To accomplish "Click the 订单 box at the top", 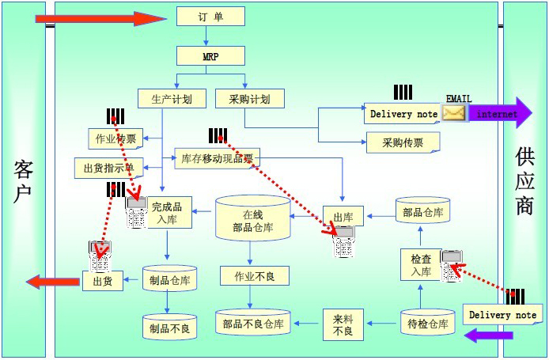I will pos(210,17).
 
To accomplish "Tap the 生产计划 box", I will pos(172,99).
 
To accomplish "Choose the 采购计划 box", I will pos(249,99).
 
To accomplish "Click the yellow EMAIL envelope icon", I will pos(454,113).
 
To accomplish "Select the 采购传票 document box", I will pos(403,143).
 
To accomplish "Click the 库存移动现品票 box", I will pos(216,158).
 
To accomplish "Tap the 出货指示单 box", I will pos(109,168).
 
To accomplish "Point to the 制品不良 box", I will pos(170,325).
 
